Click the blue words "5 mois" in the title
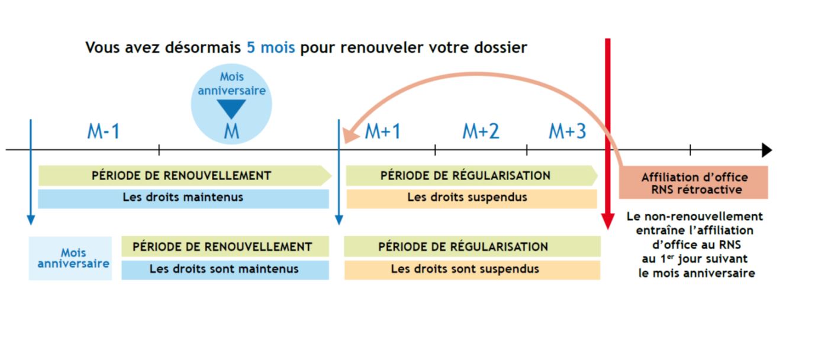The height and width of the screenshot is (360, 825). point(270,47)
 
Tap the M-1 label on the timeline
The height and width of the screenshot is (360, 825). point(104,131)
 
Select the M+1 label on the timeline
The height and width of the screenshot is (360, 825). point(382,131)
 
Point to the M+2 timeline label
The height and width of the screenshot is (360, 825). point(481,131)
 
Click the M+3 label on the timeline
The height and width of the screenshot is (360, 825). point(567,131)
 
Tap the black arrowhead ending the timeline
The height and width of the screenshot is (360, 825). point(766,150)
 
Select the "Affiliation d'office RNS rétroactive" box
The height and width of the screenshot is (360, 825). point(693,182)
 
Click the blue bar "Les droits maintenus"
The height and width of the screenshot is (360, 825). point(183,198)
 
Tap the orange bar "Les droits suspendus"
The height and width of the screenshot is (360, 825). point(471,198)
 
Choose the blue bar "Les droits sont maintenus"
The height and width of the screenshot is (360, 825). point(225,269)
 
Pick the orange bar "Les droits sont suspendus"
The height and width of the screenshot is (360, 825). point(472,269)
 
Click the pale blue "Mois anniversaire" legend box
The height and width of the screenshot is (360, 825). point(70,258)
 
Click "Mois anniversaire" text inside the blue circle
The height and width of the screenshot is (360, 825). point(231,83)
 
